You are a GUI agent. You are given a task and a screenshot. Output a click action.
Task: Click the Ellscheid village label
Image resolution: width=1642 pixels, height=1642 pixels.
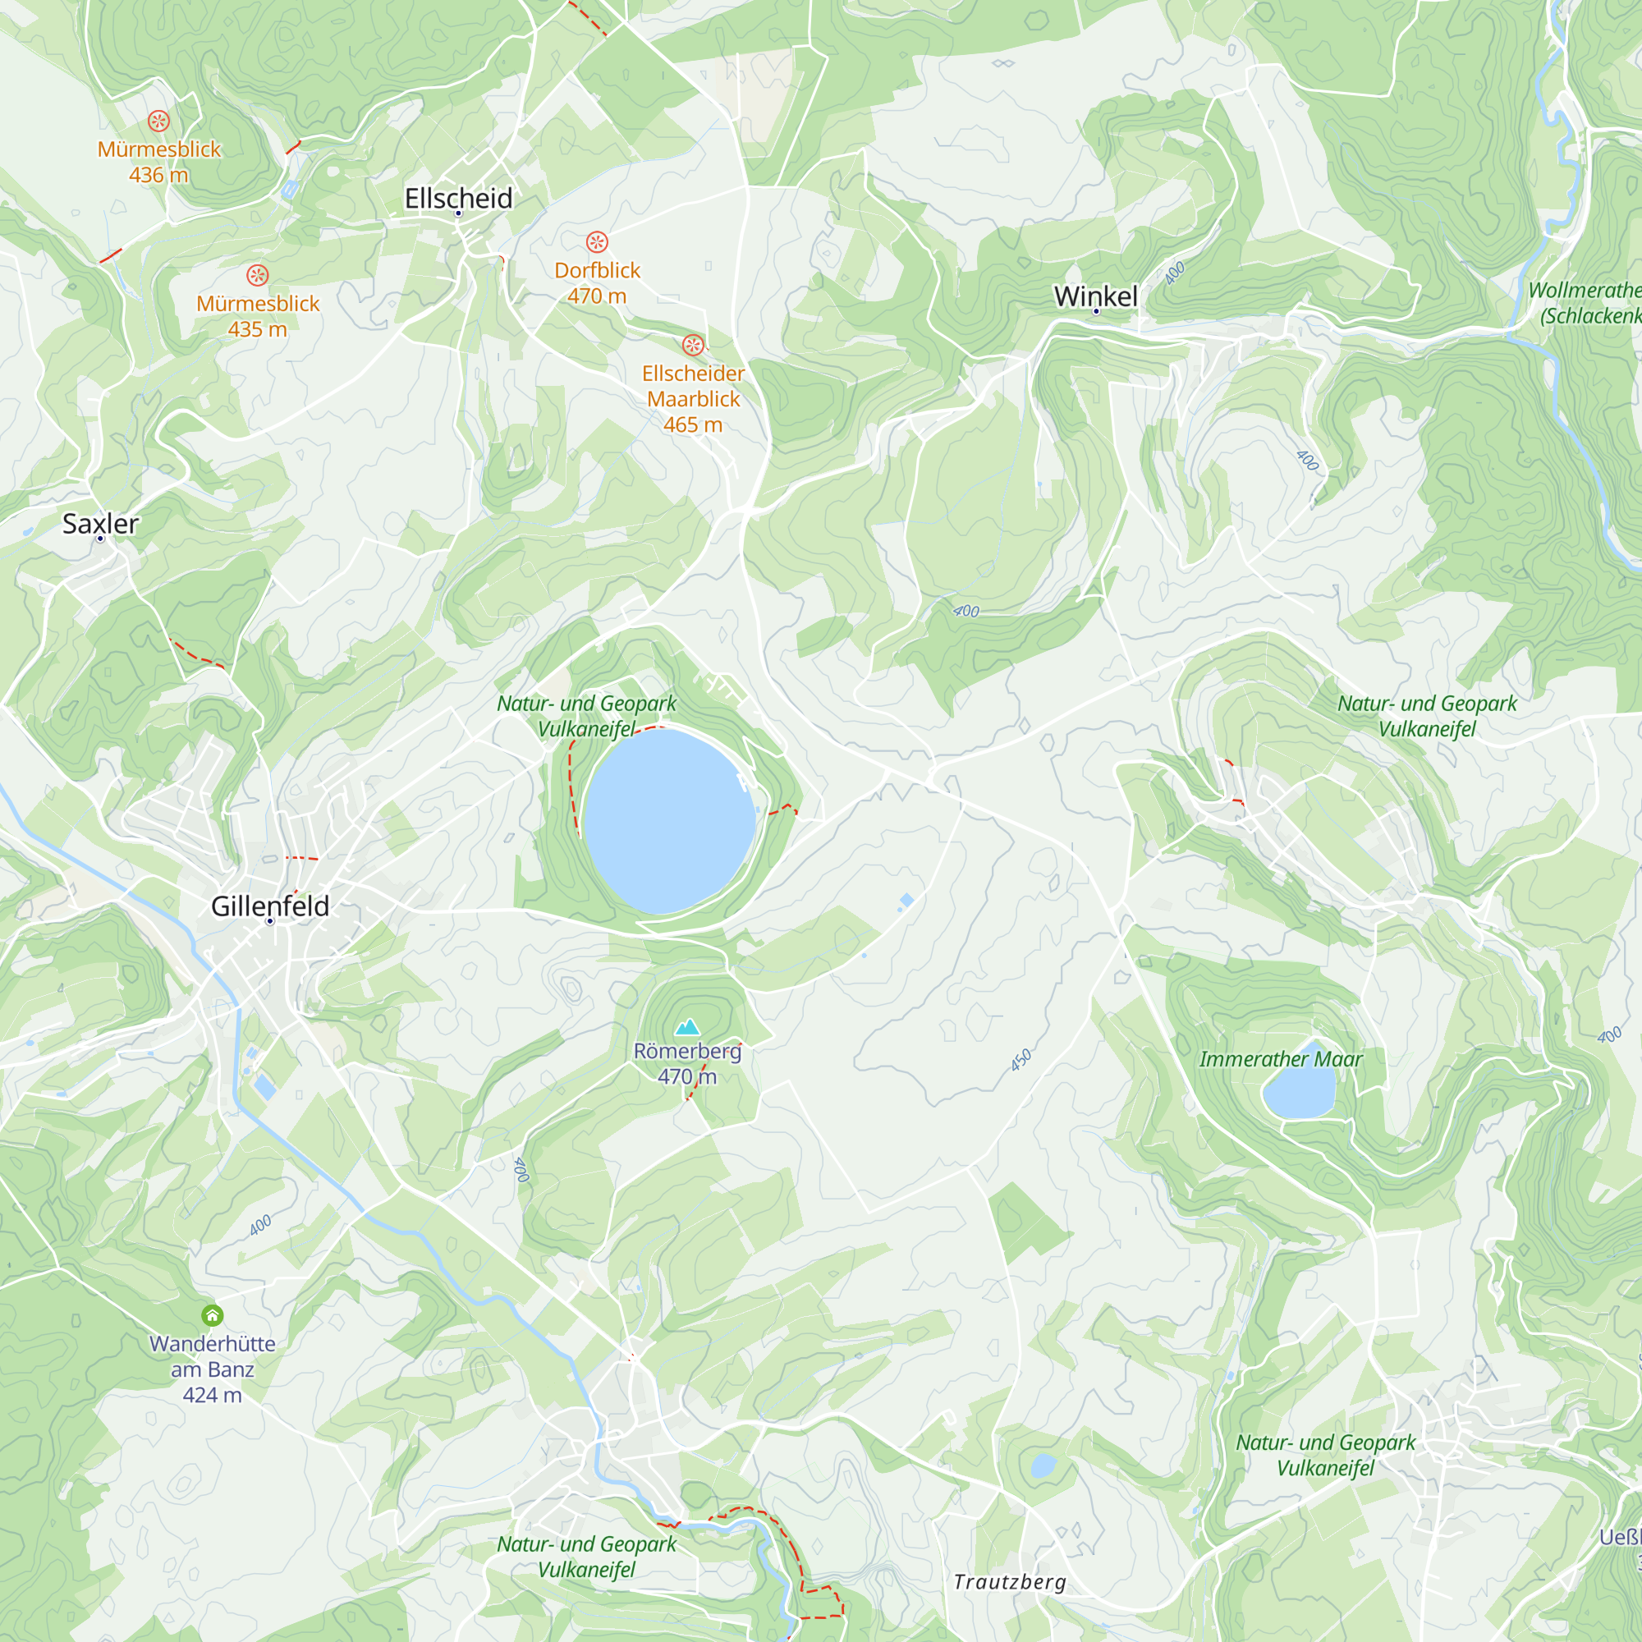pyautogui.click(x=458, y=198)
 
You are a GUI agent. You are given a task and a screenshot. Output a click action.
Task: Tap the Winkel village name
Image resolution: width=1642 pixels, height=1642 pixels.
pyautogui.click(x=1095, y=296)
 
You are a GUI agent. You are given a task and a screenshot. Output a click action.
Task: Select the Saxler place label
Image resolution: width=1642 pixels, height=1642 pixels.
pyautogui.click(x=100, y=524)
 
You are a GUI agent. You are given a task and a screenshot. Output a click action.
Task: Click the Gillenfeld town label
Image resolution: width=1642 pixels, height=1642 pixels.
pyautogui.click(x=269, y=906)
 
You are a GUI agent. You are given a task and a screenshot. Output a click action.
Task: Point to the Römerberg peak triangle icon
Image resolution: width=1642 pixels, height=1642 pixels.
pyautogui.click(x=686, y=1028)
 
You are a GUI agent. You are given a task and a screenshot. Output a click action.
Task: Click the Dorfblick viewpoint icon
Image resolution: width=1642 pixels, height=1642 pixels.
pyautogui.click(x=597, y=242)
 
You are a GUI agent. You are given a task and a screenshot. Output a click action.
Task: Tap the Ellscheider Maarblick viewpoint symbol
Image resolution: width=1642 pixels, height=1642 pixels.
pyautogui.click(x=693, y=345)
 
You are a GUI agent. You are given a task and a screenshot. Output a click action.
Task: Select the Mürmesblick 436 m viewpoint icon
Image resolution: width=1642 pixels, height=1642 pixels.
pyautogui.click(x=159, y=121)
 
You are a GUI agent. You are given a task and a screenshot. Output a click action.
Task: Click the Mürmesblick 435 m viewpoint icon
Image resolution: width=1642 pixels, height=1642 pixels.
pyautogui.click(x=258, y=275)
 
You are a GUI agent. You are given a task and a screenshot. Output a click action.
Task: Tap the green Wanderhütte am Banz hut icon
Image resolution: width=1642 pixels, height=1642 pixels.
pyautogui.click(x=213, y=1315)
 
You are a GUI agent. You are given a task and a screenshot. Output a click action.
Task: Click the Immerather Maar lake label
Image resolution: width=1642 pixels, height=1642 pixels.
pyautogui.click(x=1280, y=1059)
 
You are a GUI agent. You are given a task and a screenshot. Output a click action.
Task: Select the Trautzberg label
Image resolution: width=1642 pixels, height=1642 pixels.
pyautogui.click(x=1009, y=1582)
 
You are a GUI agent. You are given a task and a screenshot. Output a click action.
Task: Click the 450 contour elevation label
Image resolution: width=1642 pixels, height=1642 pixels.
pyautogui.click(x=1021, y=1060)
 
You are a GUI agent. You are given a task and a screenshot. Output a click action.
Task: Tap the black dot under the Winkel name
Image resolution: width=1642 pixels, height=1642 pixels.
pyautogui.click(x=1096, y=312)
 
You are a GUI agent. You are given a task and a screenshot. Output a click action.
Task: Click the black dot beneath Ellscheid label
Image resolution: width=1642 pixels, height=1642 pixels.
pyautogui.click(x=458, y=213)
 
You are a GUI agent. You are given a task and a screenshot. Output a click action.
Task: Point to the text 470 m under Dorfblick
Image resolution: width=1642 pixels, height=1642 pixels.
pyautogui.click(x=597, y=296)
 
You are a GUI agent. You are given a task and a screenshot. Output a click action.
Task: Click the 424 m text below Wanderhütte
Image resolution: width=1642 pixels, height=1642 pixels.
pyautogui.click(x=213, y=1395)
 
